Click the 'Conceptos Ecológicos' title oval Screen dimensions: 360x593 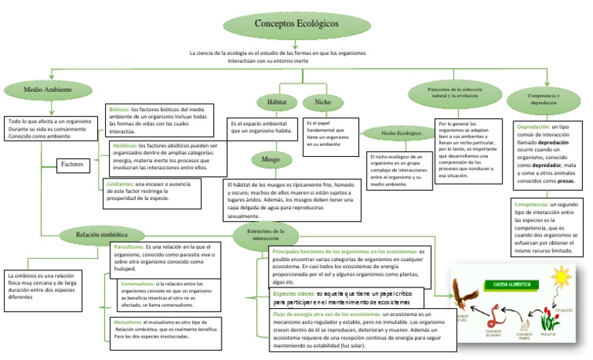[x=296, y=24]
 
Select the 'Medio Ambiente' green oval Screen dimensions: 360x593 [x=48, y=90]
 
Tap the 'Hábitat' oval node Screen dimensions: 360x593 [x=276, y=102]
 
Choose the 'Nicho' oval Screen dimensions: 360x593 [x=317, y=102]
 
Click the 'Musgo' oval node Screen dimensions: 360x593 [x=270, y=159]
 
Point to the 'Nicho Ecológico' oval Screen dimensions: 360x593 [x=402, y=134]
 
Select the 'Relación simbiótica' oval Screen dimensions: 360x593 [x=101, y=233]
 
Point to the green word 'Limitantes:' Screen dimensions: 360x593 [x=118, y=185]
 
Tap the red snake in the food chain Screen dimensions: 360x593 [x=495, y=315]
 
